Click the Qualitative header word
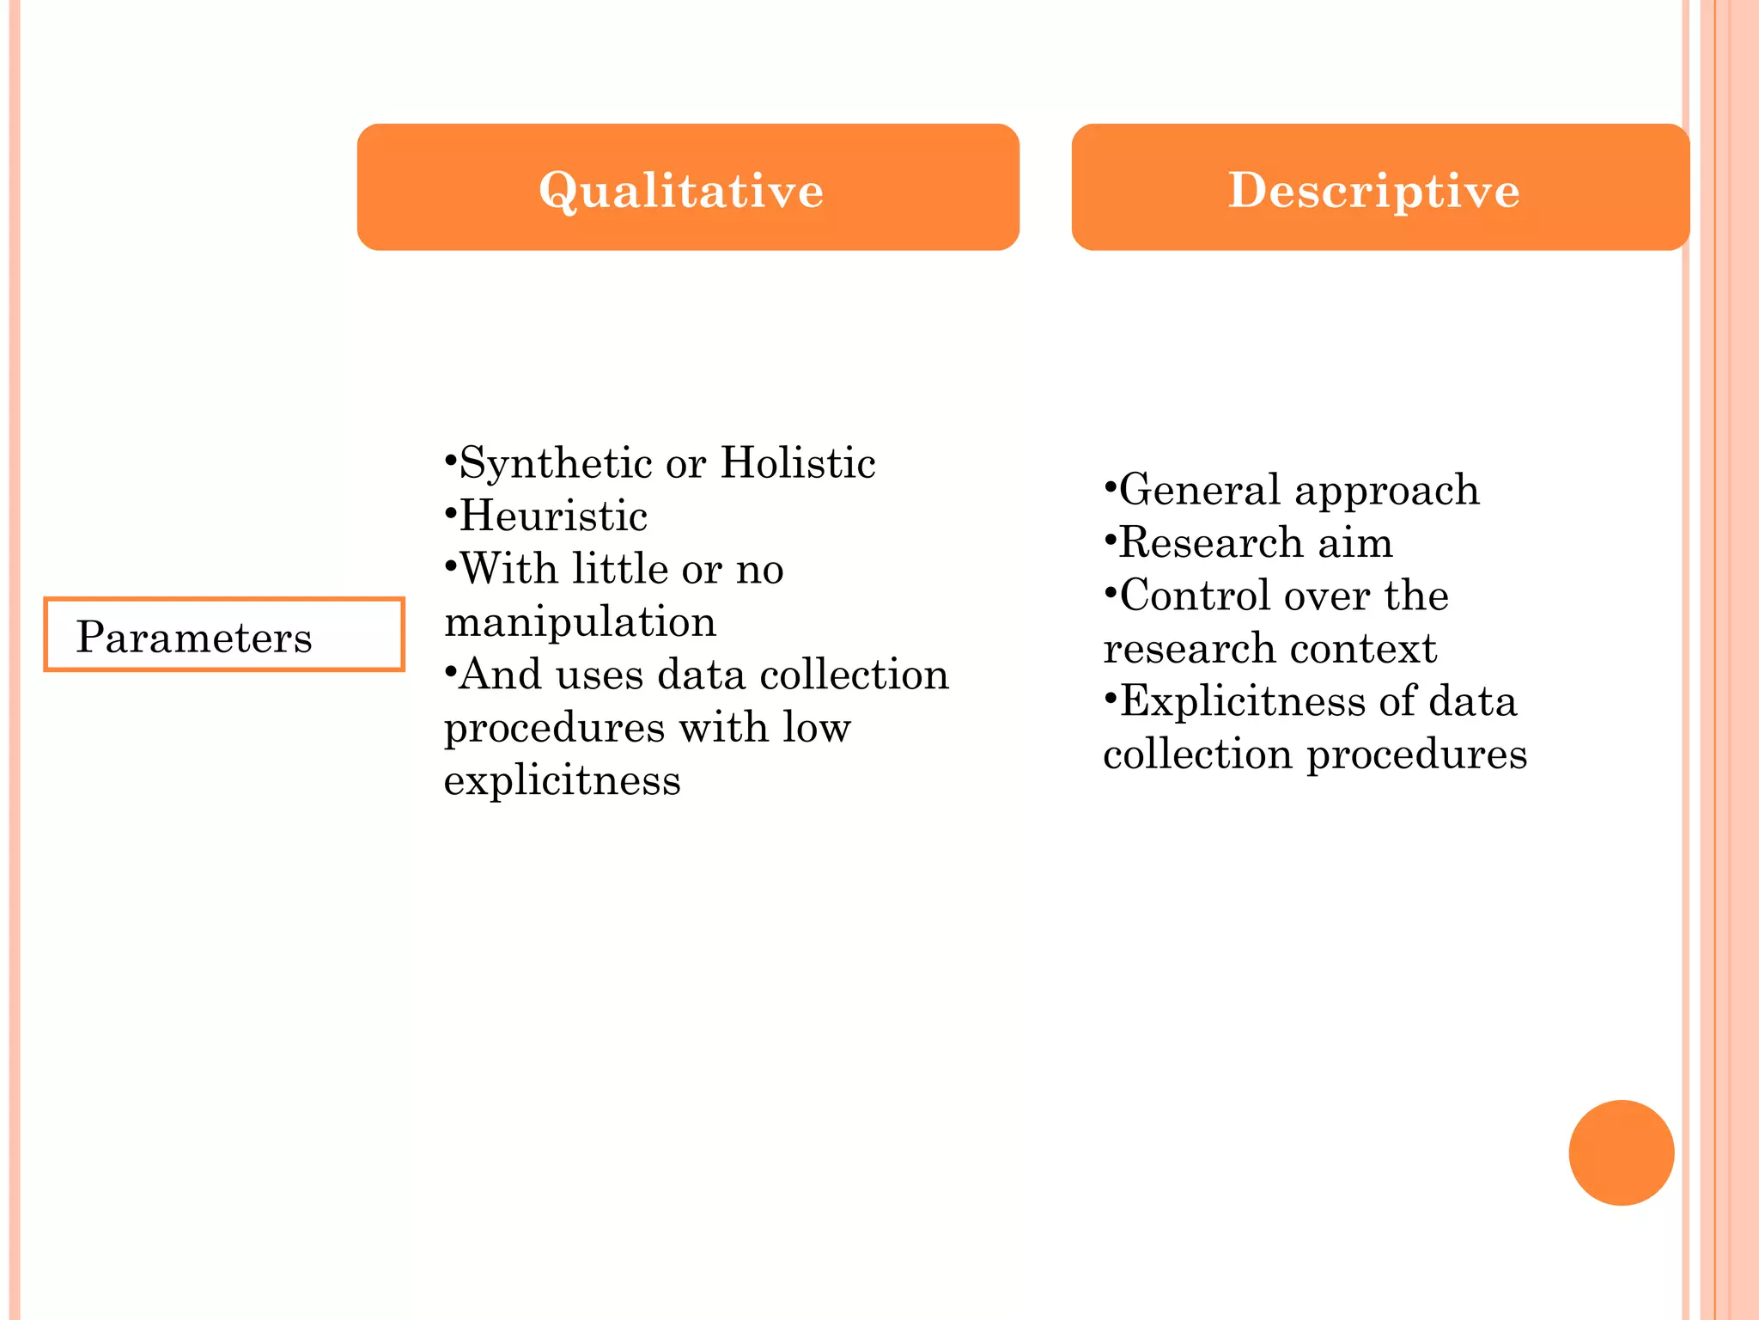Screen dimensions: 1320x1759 [681, 190]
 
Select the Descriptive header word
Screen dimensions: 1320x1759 [1373, 190]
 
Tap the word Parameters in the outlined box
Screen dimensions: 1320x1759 [194, 638]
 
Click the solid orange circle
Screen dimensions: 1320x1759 [1621, 1152]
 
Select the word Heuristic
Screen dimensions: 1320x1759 [553, 516]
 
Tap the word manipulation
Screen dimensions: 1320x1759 [580, 621]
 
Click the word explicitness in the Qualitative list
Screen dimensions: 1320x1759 [562, 780]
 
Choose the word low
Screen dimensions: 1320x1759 [816, 727]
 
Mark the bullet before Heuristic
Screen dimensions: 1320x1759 [450, 514]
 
